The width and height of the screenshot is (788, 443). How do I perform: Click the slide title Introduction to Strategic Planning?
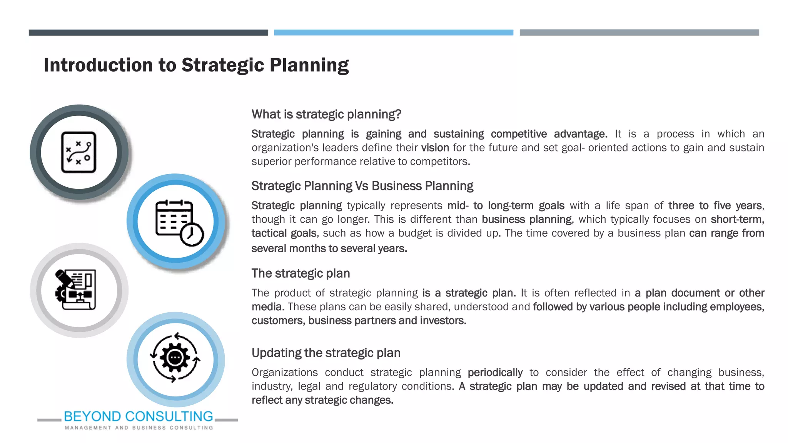[196, 65]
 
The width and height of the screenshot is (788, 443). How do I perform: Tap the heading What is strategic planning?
[326, 114]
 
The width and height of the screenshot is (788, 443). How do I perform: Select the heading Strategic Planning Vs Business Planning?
[362, 186]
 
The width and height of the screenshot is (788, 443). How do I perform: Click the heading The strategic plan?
[301, 273]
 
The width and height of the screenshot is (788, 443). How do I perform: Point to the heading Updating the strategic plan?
[326, 353]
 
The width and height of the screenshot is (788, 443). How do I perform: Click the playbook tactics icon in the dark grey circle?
[79, 152]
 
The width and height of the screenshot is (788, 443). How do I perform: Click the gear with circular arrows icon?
[175, 358]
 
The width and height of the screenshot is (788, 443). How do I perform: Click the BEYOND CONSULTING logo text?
[139, 416]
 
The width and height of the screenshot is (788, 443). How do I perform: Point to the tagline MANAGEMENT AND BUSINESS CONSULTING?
[139, 428]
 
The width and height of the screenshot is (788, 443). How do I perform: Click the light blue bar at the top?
[393, 33]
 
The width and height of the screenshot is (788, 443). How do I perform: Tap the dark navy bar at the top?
[148, 33]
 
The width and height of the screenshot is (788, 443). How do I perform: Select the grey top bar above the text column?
[639, 33]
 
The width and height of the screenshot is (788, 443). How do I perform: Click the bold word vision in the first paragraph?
[435, 148]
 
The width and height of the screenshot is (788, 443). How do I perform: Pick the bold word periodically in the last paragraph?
[495, 373]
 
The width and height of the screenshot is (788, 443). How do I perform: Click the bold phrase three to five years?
[715, 206]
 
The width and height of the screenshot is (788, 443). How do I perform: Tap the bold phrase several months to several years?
[329, 249]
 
